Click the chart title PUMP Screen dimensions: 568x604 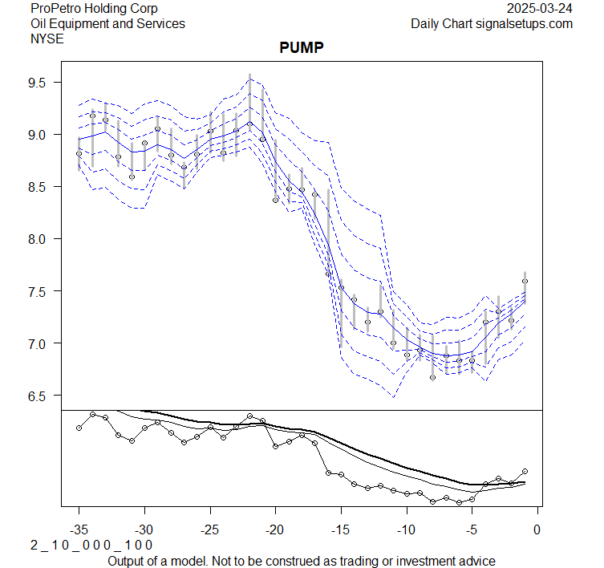click(301, 48)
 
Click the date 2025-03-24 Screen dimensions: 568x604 click(541, 9)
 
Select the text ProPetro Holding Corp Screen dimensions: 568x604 click(94, 9)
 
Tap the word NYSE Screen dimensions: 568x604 click(47, 38)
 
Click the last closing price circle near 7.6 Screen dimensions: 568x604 click(525, 282)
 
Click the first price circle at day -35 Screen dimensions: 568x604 click(79, 153)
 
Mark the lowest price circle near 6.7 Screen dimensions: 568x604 click(433, 377)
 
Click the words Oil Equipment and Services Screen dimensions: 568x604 click(107, 23)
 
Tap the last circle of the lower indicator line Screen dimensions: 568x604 click(525, 471)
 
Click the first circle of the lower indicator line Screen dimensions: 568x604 click(79, 428)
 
